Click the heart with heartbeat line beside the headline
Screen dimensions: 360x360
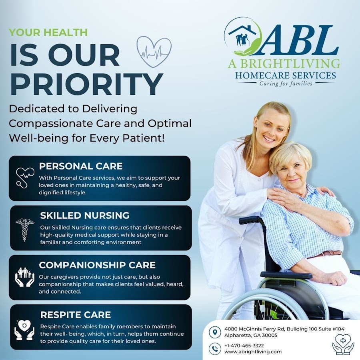154,52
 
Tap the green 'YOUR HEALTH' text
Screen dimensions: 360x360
48,32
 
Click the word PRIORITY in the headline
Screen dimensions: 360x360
86,84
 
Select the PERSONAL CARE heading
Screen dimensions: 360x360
81,166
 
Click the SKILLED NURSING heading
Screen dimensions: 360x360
85,215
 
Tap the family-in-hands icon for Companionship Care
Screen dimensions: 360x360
24,277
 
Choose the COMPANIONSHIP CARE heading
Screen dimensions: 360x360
97,265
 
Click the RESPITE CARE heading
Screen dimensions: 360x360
76,314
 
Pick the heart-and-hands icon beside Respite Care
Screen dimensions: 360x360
24,330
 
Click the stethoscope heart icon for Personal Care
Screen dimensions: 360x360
25,178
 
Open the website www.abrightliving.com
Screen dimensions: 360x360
253,352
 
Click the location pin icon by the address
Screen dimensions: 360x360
215,332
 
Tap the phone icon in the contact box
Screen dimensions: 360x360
215,349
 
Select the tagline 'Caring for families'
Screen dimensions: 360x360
286,84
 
